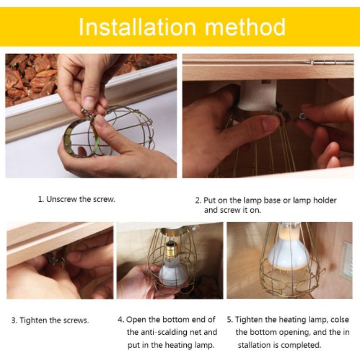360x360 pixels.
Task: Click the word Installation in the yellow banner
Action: pyautogui.click(x=137, y=27)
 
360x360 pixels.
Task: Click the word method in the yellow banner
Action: pyautogui.click(x=245, y=27)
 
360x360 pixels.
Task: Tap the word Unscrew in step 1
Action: pyautogui.click(x=61, y=199)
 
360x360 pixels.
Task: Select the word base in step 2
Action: pyautogui.click(x=272, y=200)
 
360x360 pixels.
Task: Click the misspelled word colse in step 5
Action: pyautogui.click(x=340, y=319)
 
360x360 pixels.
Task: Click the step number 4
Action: pyautogui.click(x=120, y=319)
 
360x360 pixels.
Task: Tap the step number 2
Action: pyautogui.click(x=198, y=201)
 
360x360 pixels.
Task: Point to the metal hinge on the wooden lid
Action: pyautogui.click(x=330, y=62)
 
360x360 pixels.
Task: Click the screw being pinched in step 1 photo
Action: pyautogui.click(x=85, y=112)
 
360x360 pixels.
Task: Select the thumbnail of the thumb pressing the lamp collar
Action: pyautogui.click(x=270, y=124)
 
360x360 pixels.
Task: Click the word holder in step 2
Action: pyautogui.click(x=325, y=200)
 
